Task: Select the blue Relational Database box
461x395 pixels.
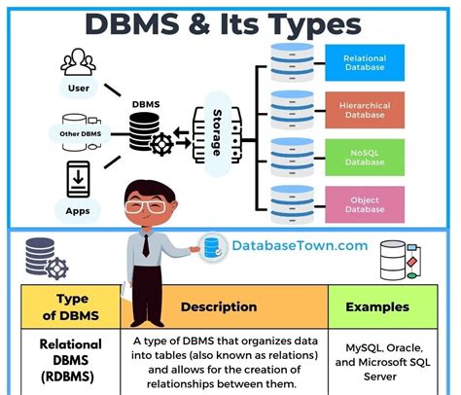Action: pyautogui.click(x=365, y=63)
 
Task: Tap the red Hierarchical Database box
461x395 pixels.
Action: pyautogui.click(x=365, y=110)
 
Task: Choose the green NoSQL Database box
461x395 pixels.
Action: pyautogui.click(x=365, y=157)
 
